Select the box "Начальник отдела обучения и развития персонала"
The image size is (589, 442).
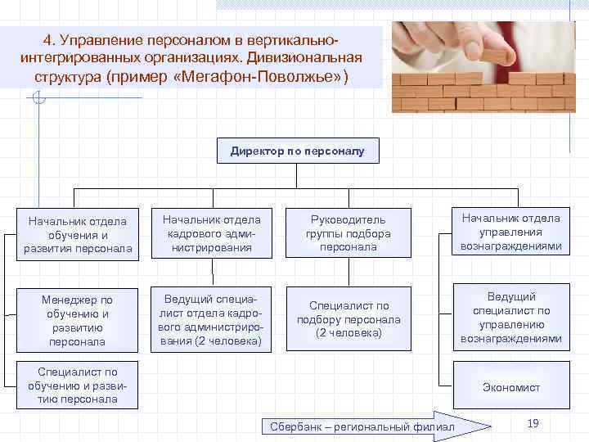pos(77,234)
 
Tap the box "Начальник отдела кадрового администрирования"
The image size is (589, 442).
pos(211,233)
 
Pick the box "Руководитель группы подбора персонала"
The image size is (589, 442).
pos(348,233)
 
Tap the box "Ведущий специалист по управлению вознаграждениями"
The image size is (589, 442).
pos(510,317)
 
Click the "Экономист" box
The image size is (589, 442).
pos(510,387)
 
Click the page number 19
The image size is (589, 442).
pos(533,422)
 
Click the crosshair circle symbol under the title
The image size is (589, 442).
pos(37,99)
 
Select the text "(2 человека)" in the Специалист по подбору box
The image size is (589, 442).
pos(348,333)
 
